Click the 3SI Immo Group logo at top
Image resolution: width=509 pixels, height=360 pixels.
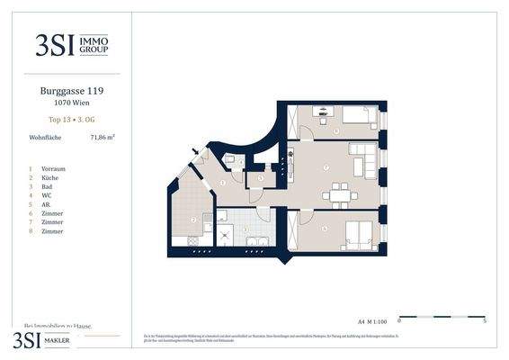(x=72, y=44)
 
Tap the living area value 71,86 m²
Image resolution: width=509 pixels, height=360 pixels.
(x=102, y=138)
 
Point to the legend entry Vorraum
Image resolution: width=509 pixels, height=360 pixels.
(x=53, y=168)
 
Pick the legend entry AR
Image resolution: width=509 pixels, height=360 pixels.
(x=46, y=204)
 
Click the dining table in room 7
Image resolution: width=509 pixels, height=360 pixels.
(x=341, y=192)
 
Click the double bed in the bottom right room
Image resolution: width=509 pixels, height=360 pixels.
(x=357, y=234)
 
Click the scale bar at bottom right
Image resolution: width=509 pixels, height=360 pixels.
(x=442, y=317)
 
